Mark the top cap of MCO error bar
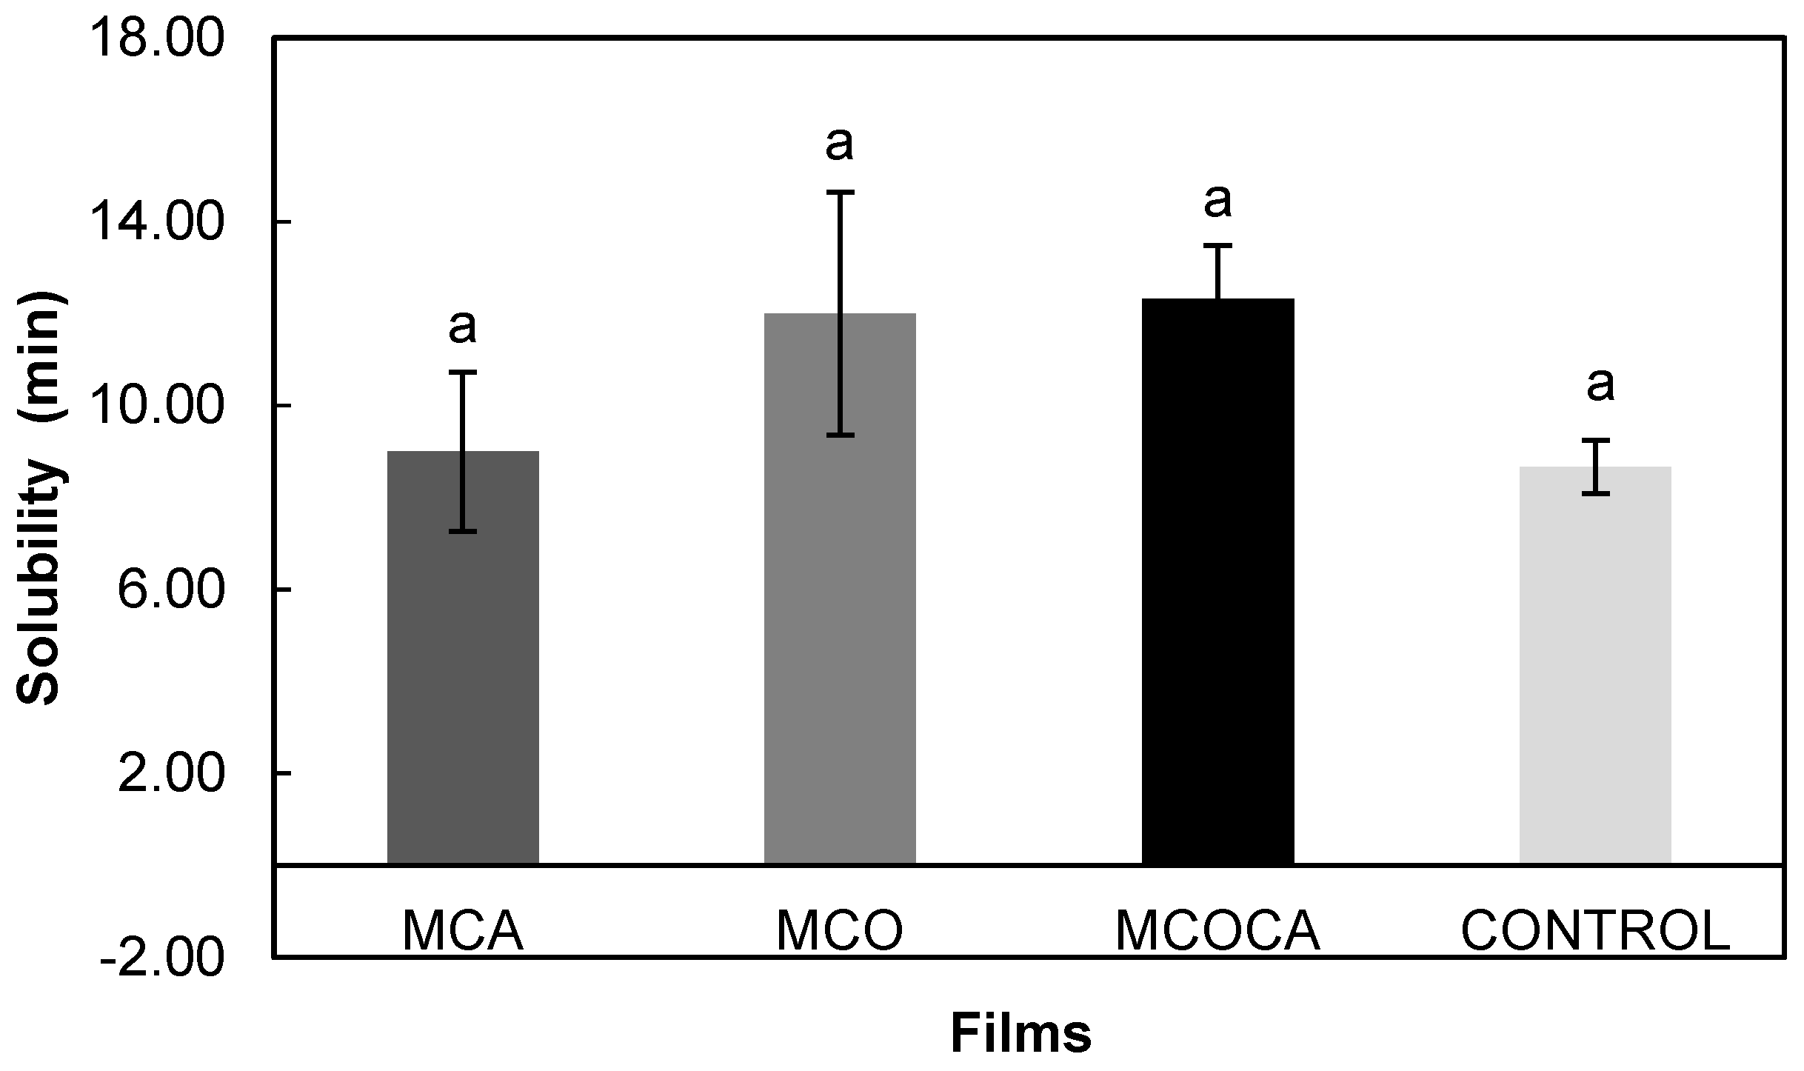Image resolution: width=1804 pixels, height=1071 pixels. [841, 192]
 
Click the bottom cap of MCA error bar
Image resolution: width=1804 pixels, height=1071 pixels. [463, 531]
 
